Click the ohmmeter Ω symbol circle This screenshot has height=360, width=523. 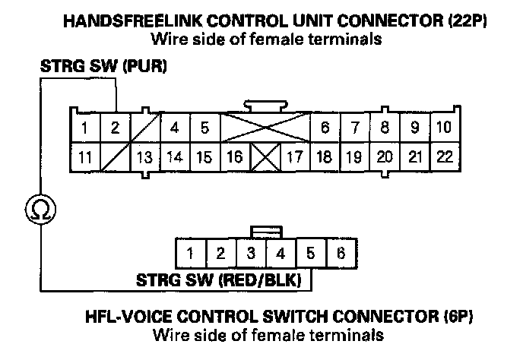38,207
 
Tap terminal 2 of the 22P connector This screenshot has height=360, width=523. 116,128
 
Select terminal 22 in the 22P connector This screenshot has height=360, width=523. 445,157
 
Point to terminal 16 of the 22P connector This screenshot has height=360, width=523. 235,157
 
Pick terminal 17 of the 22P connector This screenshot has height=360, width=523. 295,157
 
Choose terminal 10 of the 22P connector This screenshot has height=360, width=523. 445,128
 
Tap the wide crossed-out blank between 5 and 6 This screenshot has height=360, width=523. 265,128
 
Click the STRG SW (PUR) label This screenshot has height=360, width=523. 103,68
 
